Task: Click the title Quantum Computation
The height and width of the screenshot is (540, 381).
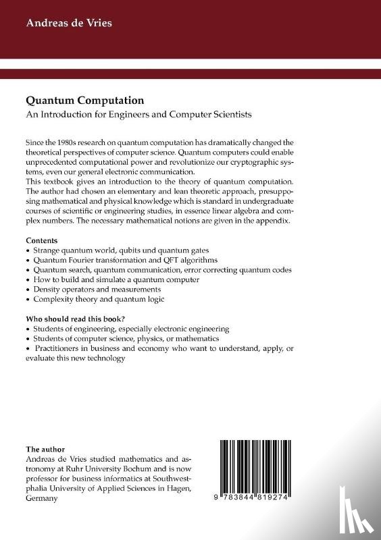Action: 84,100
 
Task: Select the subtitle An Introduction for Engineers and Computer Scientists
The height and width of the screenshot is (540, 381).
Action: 138,114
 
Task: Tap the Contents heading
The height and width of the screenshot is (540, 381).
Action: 42,240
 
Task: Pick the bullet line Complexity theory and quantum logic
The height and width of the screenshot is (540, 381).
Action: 98,298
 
